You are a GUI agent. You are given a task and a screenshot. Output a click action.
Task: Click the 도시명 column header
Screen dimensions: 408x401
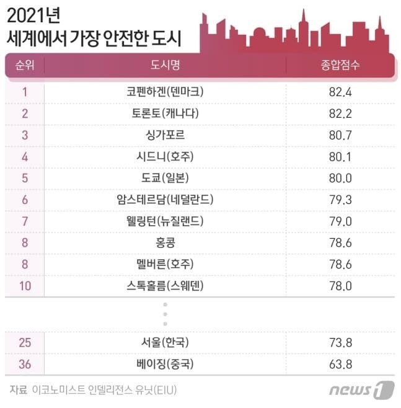click(165, 65)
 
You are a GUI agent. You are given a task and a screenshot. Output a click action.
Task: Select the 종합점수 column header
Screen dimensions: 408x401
click(340, 65)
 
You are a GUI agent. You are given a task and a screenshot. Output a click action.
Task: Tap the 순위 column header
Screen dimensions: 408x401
click(25, 65)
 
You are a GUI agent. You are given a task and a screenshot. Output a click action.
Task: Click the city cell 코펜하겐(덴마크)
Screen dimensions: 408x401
click(165, 92)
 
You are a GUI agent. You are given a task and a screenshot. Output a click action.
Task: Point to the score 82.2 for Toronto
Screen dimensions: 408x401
click(340, 113)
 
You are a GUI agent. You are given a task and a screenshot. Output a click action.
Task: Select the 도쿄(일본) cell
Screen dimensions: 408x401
click(165, 178)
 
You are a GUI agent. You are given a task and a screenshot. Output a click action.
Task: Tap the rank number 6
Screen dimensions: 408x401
click(25, 200)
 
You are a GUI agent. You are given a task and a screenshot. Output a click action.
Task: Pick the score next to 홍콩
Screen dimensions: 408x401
click(340, 242)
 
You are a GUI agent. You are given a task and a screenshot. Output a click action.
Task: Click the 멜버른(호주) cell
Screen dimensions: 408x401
click(165, 264)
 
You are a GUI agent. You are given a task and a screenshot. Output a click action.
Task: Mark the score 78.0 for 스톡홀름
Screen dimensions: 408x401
click(340, 286)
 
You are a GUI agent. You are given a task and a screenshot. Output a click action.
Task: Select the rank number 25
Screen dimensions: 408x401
click(25, 342)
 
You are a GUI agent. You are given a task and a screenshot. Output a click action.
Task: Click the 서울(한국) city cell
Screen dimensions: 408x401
click(165, 342)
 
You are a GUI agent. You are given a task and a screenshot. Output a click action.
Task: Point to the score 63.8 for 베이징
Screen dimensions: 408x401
click(340, 363)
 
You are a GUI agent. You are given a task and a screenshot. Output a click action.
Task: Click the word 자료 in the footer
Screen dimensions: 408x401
click(19, 390)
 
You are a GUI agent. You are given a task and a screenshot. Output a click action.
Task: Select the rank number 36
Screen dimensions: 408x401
click(25, 363)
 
